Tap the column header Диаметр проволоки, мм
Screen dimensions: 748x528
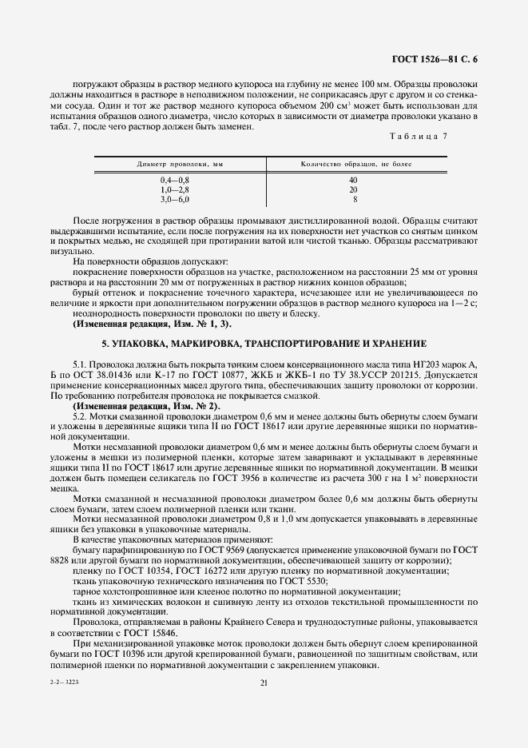point(180,163)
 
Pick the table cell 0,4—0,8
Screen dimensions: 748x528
point(175,181)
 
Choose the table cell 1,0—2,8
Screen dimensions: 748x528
point(175,189)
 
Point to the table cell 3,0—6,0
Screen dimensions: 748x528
point(175,199)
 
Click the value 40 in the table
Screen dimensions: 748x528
point(353,181)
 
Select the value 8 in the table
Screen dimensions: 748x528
point(355,199)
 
